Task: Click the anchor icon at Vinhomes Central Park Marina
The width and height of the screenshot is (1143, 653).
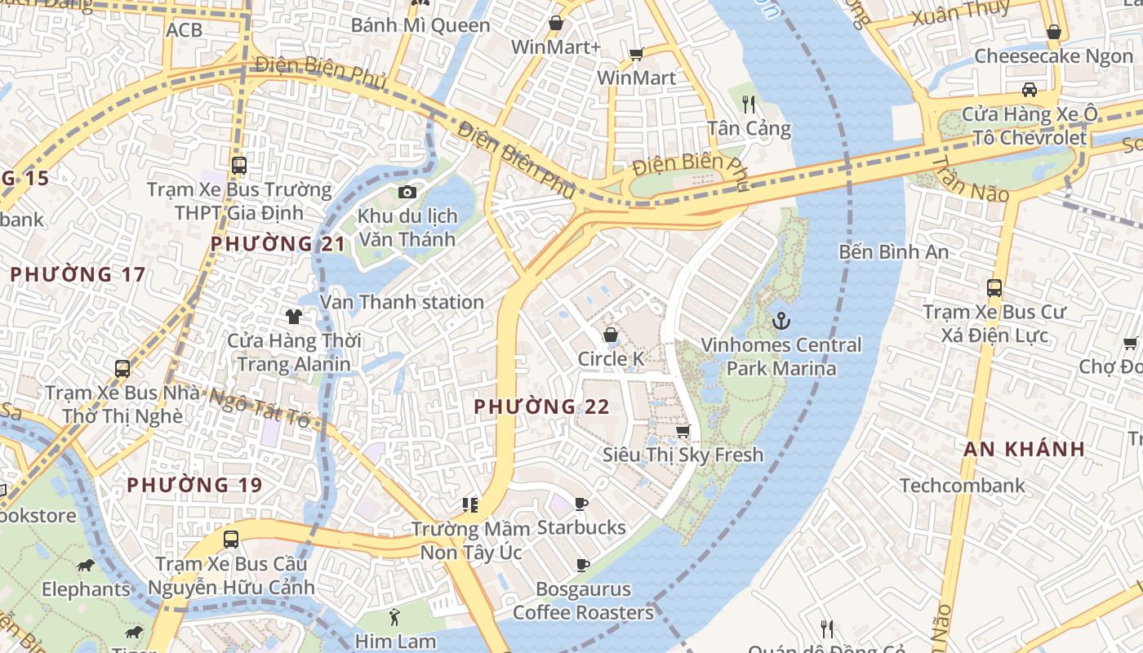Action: [782, 321]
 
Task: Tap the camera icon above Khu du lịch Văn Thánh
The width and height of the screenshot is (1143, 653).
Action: [407, 193]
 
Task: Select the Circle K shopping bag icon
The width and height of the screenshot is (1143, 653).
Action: [610, 335]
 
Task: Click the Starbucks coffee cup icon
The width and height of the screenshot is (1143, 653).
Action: [580, 504]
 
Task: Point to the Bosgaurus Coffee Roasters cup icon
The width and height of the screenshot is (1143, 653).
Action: [582, 565]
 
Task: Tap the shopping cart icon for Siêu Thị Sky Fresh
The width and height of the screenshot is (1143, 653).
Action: [683, 430]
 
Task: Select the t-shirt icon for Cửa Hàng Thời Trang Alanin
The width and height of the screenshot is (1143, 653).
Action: [294, 317]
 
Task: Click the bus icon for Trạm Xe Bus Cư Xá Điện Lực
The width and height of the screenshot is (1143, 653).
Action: [994, 287]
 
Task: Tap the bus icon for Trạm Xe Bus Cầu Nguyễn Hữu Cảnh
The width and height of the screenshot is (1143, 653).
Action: [231, 540]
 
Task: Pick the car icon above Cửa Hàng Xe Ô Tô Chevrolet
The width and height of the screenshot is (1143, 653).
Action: [1030, 89]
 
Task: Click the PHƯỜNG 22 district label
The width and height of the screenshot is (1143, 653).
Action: [541, 406]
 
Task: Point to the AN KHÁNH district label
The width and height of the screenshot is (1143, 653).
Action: [1024, 449]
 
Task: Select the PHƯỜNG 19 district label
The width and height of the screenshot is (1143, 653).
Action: [194, 485]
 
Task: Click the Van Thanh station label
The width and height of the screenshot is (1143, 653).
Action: [402, 302]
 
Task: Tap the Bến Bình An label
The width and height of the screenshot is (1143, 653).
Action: [894, 251]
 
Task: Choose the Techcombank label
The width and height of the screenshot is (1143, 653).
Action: [962, 486]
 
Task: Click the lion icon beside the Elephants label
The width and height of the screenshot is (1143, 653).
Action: [85, 565]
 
